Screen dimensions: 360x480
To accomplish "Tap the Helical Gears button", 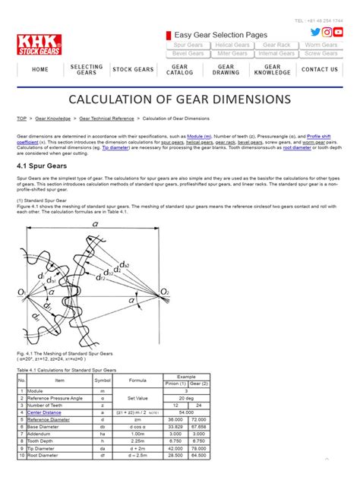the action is [x=233, y=46].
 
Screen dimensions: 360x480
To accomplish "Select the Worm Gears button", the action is [x=321, y=46].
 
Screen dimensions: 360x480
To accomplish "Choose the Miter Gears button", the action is [x=233, y=54].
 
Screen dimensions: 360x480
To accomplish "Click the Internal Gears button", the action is [x=276, y=54].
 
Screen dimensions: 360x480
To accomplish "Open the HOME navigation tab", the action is [x=40, y=70].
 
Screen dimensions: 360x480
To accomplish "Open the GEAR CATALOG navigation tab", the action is [x=179, y=70].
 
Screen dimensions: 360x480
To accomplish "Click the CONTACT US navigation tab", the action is [x=320, y=70].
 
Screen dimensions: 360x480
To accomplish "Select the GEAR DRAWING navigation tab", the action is [x=226, y=70].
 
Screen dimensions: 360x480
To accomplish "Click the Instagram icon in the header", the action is [x=327, y=32].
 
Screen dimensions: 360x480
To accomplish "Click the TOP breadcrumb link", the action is [x=21, y=118].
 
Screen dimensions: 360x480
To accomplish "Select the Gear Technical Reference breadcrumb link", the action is [x=106, y=118].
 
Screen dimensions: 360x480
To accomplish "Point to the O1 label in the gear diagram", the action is [x=22, y=292].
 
